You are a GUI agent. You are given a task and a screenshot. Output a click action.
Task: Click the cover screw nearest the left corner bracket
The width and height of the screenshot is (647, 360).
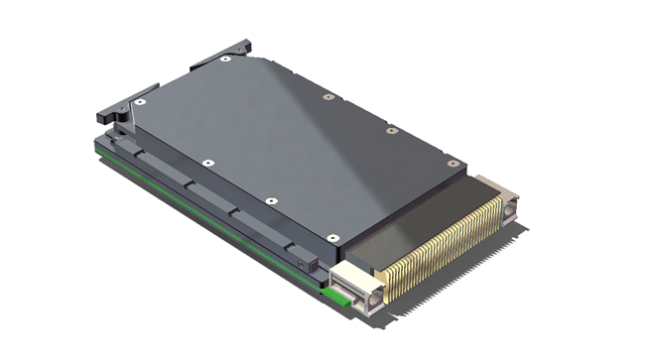(142, 101)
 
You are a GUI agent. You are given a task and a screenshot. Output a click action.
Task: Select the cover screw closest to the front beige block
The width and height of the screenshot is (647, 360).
(332, 237)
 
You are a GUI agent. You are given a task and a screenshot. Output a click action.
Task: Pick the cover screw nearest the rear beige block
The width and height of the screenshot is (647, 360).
(453, 164)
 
